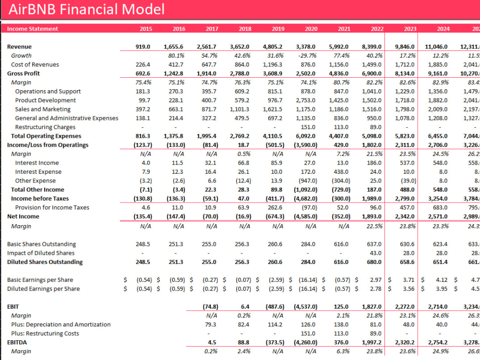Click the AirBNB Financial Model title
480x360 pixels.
click(x=86, y=9)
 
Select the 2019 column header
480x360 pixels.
click(x=278, y=29)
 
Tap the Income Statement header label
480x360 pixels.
click(x=33, y=29)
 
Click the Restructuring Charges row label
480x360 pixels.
click(x=45, y=127)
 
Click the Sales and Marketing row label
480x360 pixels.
click(x=43, y=109)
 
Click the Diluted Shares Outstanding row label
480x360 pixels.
click(x=45, y=262)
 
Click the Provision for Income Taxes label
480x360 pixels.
click(x=52, y=207)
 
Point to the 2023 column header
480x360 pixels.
click(x=410, y=29)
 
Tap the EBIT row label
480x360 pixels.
click(x=13, y=306)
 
